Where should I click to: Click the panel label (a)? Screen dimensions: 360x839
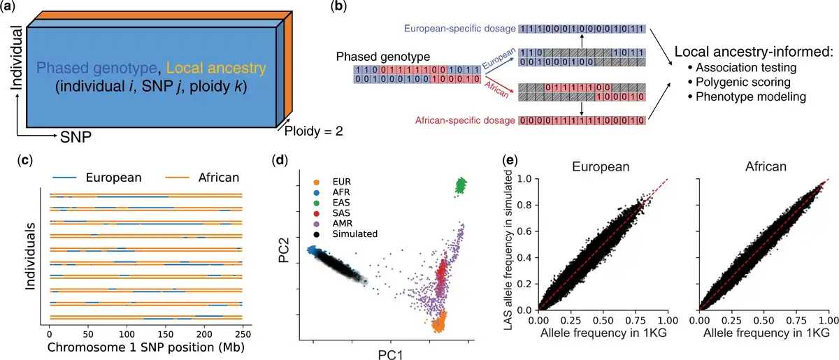(13, 8)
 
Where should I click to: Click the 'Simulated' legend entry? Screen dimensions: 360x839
(347, 233)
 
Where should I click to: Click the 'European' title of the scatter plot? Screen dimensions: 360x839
(604, 168)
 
